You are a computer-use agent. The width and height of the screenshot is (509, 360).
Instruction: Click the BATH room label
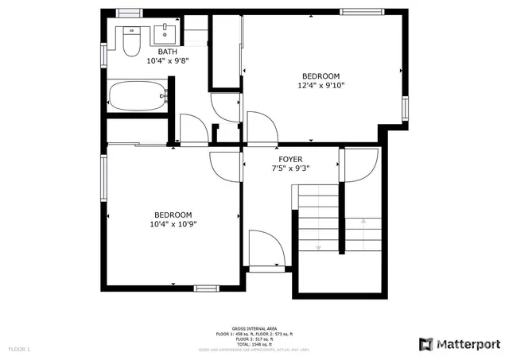(x=167, y=52)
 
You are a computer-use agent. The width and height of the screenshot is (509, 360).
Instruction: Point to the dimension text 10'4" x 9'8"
(x=167, y=60)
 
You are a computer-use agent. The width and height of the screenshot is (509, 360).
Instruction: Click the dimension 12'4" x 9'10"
(x=321, y=85)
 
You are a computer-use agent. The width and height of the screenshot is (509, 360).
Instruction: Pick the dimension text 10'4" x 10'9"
(x=173, y=224)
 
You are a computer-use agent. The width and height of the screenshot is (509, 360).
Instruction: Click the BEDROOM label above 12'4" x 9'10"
(x=321, y=76)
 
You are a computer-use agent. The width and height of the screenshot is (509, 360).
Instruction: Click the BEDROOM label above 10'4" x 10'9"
(x=173, y=215)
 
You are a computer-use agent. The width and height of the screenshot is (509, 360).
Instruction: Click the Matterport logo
(x=459, y=343)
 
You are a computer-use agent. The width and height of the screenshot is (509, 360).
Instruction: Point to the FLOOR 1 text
(x=19, y=349)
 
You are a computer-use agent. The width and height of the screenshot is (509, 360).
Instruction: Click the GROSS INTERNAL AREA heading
(x=254, y=328)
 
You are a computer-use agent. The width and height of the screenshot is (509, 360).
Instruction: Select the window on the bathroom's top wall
(x=128, y=12)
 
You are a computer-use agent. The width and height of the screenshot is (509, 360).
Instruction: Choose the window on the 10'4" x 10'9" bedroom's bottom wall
(x=206, y=288)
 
